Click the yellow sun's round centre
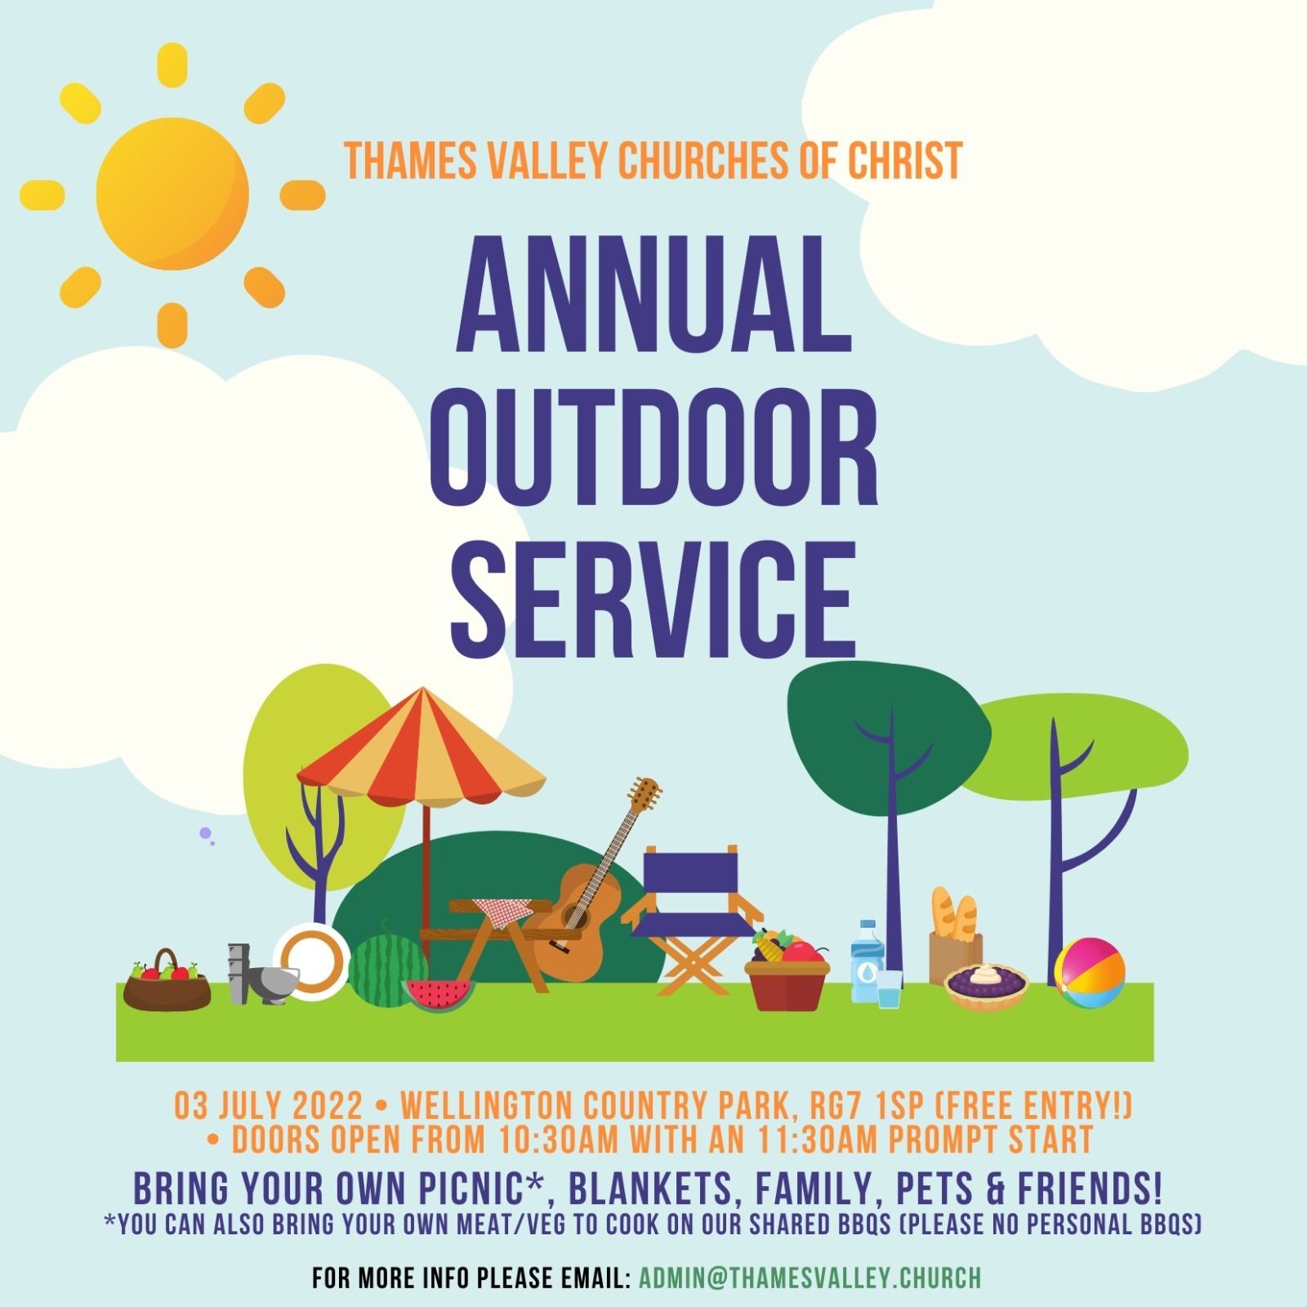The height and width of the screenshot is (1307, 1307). click(172, 194)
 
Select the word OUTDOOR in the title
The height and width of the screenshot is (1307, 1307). click(653, 448)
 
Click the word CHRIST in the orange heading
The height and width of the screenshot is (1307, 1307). click(905, 160)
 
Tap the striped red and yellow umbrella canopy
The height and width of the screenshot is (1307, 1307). click(422, 747)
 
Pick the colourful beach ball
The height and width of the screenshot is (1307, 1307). click(1090, 972)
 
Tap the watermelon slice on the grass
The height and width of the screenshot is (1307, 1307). click(438, 995)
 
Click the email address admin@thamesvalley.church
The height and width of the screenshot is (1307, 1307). click(809, 1278)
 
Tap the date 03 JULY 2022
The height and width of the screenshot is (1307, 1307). click(269, 1107)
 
